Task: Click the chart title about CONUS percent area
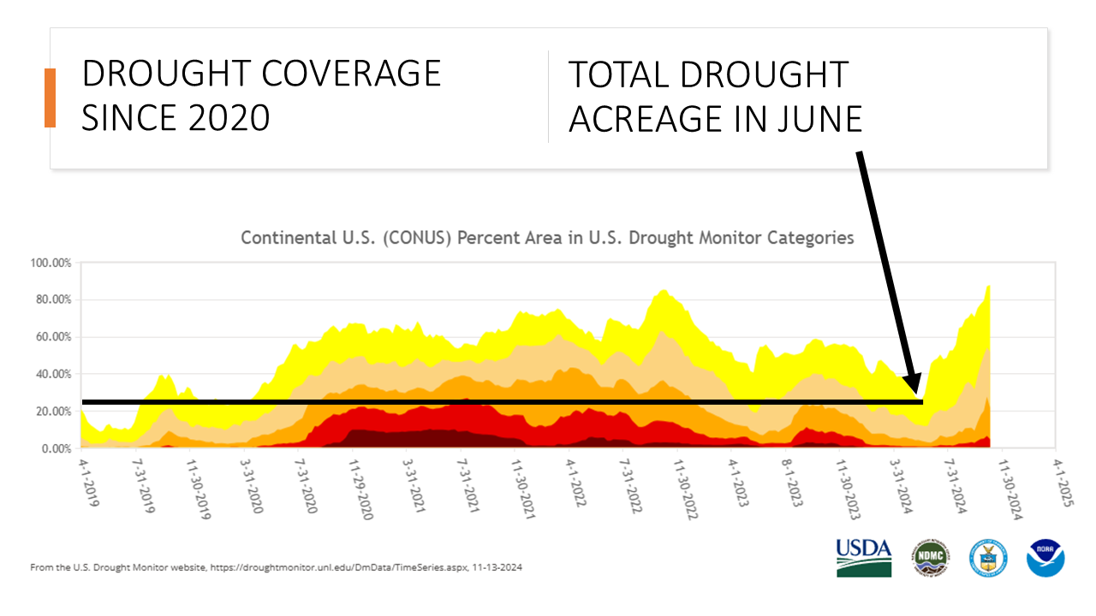(x=547, y=238)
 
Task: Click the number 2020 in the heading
(x=225, y=117)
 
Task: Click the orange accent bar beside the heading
(x=50, y=98)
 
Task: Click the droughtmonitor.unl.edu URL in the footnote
(x=313, y=567)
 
